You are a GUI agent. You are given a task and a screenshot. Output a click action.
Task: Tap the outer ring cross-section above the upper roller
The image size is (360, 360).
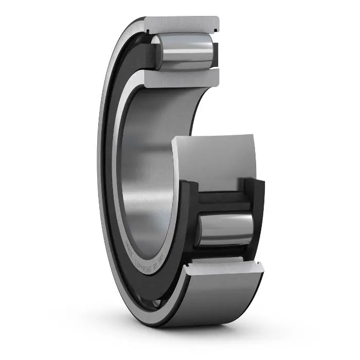(182, 25)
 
